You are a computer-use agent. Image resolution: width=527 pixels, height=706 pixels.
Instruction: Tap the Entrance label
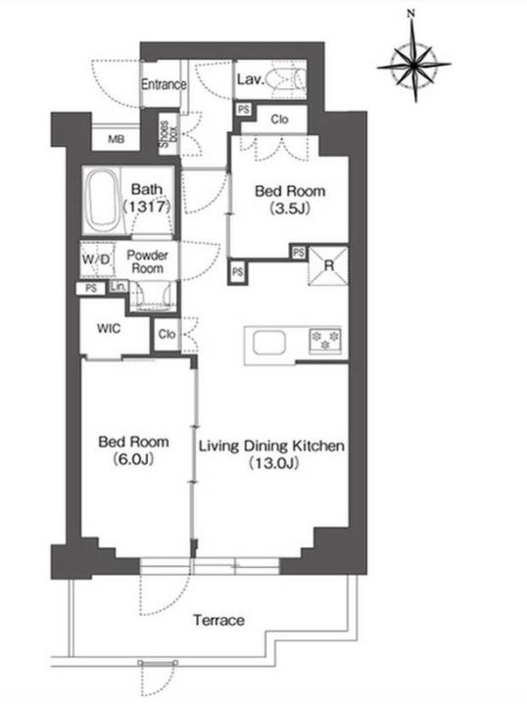[164, 84]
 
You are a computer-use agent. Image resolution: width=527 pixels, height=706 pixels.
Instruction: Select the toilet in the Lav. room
[286, 80]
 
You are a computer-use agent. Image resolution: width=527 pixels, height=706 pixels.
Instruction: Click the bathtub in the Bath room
[103, 200]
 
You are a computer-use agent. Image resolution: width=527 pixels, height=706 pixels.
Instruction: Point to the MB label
[117, 140]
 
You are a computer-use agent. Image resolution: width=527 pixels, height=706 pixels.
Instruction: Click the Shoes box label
[168, 134]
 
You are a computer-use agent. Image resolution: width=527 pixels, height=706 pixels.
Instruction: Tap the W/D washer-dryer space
[96, 259]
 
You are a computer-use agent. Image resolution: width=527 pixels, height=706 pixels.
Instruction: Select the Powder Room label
[147, 261]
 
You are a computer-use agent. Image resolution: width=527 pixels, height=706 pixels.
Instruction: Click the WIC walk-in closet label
[109, 328]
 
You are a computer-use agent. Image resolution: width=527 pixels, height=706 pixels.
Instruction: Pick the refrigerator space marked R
[328, 265]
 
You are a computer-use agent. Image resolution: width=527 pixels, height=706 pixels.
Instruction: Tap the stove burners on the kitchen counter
[325, 340]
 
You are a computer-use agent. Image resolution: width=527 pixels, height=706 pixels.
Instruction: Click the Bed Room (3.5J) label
[290, 200]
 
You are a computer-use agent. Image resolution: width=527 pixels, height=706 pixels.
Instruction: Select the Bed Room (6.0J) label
[133, 449]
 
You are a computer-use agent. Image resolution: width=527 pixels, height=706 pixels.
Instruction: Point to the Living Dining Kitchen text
[271, 446]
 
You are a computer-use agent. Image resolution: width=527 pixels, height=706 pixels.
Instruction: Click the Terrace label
[218, 620]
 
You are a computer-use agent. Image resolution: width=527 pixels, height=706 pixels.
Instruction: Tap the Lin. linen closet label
[119, 286]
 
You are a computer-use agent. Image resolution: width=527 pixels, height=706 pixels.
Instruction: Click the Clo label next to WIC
[167, 334]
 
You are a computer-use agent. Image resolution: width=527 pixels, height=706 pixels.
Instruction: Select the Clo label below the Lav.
[279, 119]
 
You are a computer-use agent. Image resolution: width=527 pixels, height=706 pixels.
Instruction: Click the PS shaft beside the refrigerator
[298, 253]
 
